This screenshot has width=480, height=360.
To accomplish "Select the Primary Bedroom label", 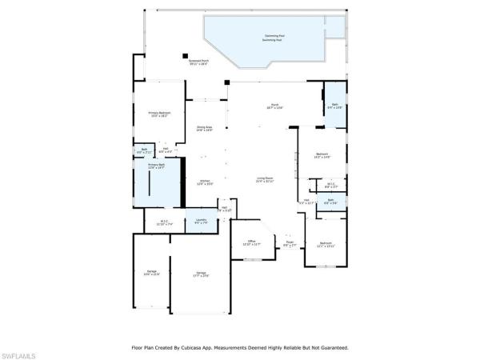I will coord(159,114).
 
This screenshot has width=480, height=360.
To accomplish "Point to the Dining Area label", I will coord(205,128).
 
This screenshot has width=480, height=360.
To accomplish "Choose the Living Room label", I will coord(266,179).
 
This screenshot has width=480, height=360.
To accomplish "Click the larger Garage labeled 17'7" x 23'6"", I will coord(200,274).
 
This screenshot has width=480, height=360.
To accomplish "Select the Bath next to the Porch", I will coord(334,106).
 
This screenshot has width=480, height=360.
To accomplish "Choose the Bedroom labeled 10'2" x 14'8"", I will coord(322,155).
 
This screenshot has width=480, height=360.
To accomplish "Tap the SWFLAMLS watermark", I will coord(19,353).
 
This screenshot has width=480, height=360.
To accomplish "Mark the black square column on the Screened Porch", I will coord(185,56).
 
